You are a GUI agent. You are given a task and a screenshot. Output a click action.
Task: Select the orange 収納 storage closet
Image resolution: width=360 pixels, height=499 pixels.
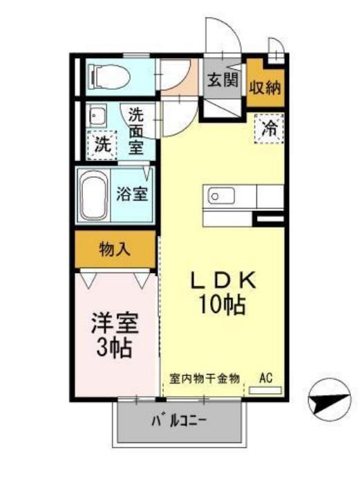266,87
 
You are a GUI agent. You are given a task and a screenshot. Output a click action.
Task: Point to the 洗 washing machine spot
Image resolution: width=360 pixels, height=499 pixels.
102,146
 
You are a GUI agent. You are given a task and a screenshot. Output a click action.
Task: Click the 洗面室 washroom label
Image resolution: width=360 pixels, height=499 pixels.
136,129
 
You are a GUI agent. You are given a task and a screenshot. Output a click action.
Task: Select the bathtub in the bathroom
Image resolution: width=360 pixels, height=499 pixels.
93,196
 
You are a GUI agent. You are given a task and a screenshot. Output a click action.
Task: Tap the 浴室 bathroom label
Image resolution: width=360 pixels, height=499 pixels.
131,194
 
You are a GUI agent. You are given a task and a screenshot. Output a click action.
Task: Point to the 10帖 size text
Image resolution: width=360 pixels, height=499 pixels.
223,304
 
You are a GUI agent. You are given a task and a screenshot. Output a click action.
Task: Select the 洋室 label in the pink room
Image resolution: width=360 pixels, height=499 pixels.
115,323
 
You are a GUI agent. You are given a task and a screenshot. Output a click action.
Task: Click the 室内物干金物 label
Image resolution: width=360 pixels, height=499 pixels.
205,378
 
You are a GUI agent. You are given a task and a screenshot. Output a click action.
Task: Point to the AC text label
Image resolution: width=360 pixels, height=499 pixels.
265,378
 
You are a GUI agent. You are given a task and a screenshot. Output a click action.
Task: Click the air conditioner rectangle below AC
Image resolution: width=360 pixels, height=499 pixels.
265,390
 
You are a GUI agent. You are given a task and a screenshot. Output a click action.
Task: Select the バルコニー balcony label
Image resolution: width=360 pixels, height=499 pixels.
180,421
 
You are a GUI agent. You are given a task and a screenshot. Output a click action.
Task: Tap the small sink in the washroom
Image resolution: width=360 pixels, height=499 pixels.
98,115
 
